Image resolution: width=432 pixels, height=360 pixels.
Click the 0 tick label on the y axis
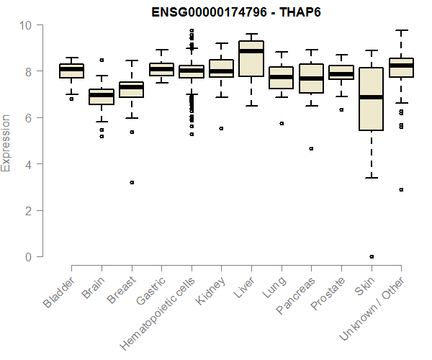tap(29, 257)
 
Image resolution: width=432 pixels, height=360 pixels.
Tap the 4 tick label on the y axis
tap(29, 164)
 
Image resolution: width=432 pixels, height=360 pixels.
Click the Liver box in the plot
tap(251, 58)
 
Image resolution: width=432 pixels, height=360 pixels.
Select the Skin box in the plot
tap(372, 99)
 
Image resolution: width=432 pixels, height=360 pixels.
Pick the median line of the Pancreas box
tap(311, 78)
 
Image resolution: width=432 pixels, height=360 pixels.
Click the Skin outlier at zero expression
tap(372, 256)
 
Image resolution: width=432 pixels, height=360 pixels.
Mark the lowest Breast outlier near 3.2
tap(132, 183)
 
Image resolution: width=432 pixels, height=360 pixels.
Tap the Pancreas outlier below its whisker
tap(311, 149)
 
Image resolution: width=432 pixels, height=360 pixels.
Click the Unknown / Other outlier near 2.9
tap(401, 189)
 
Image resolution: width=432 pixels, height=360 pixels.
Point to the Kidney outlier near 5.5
tap(221, 129)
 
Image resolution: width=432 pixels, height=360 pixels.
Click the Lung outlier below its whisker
tap(281, 123)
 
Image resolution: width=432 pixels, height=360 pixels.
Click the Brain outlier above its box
tap(102, 60)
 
